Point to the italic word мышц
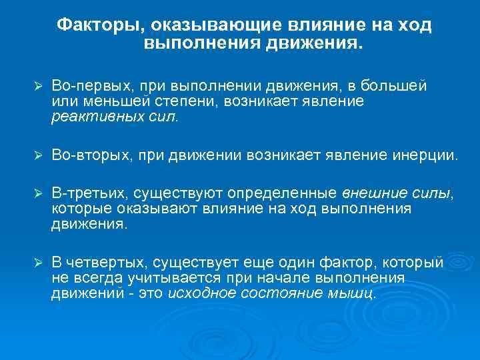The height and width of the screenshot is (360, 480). coord(359,293)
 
